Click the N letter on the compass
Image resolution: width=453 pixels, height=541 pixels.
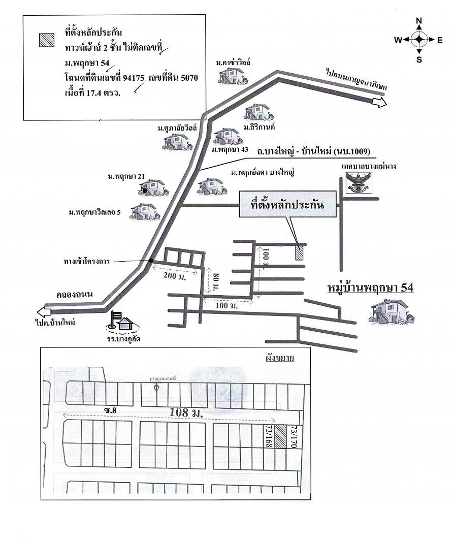[419, 21]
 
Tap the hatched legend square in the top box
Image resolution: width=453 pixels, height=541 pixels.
[47, 40]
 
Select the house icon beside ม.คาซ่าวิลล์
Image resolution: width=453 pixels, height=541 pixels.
[230, 75]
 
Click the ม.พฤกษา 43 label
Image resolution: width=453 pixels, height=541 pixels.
[230, 150]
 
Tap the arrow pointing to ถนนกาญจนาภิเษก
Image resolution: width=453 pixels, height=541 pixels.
[379, 103]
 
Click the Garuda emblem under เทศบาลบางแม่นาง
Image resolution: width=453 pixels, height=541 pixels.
[359, 182]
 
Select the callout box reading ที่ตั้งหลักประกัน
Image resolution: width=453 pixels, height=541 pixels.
[287, 204]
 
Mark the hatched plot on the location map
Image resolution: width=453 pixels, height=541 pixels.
[299, 252]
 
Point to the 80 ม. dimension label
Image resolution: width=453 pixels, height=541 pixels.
[215, 281]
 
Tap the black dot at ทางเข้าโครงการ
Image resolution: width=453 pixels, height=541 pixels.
[151, 261]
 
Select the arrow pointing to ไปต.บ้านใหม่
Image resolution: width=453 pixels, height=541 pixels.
[44, 311]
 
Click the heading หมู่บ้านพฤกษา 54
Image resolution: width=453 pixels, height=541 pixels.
[369, 288]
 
